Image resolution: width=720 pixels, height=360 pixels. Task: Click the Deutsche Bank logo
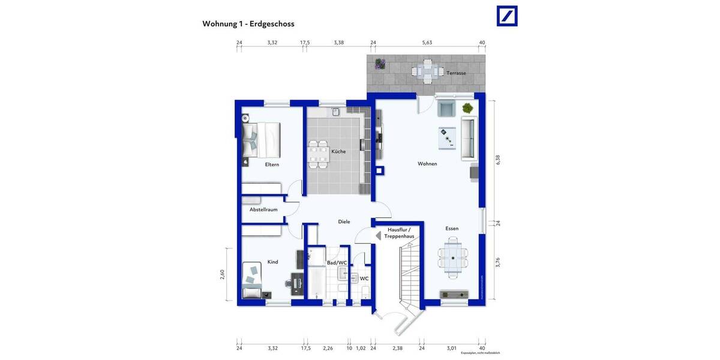pos(507,16)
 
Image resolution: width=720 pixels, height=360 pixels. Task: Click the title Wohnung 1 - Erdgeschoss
pos(248,24)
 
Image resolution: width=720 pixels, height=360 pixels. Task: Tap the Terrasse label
pos(456,73)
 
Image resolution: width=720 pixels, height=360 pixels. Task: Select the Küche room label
pos(338,152)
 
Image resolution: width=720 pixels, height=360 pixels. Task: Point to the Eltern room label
pos(272,164)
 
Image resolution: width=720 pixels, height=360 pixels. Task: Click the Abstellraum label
pos(263,209)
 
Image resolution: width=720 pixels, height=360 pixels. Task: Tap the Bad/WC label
pos(337,263)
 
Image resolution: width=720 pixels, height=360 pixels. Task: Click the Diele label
pos(344,221)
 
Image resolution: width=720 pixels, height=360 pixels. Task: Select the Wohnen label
pos(428,164)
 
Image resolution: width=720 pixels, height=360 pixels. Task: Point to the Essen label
pos(452,229)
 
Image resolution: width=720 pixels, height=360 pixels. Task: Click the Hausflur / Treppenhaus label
pos(401,233)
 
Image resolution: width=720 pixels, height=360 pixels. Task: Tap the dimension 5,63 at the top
pos(427,43)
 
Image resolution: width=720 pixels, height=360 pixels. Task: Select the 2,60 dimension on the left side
pos(222,274)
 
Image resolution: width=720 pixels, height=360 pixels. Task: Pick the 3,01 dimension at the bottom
pos(451,348)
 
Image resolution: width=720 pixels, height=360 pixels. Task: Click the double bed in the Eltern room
pos(262,139)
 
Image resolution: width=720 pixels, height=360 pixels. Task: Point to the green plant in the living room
pos(467,108)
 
